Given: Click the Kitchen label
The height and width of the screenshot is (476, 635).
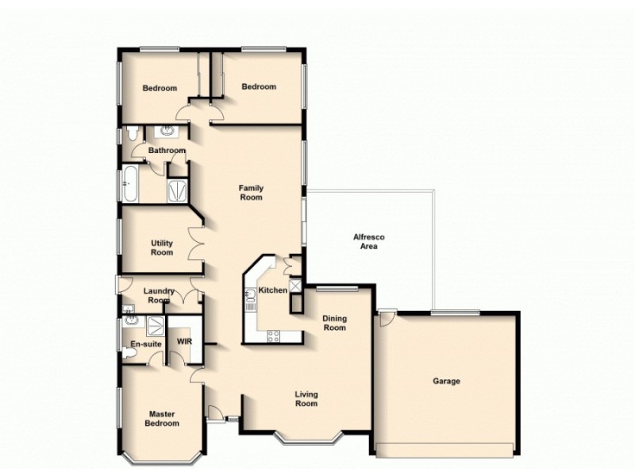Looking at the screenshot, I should pos(274,290).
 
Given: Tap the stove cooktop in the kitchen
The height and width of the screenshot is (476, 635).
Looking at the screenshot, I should pos(272,335).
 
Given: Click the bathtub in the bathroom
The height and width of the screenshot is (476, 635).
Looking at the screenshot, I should pos(129,185).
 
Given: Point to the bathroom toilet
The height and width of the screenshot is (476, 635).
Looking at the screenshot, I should pos(132,134).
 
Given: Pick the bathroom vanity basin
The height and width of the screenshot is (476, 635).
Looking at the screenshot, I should pos(168,132).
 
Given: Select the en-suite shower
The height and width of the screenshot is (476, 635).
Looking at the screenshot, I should pos(155,323).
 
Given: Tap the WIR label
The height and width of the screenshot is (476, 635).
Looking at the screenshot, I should pos(184,342).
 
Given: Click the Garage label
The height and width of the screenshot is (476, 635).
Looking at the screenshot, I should pos(446,382).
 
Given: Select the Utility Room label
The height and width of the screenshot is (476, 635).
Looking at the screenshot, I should pos(162,248).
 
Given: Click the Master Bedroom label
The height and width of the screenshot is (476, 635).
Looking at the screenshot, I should pos(161,418).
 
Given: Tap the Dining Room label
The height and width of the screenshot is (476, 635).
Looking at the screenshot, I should pos(334,323).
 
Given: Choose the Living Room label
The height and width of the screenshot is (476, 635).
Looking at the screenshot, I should pos(306,398).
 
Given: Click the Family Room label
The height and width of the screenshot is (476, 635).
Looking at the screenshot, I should pos(251,193).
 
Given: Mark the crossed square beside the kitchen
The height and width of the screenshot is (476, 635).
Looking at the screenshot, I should pos(295,285).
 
